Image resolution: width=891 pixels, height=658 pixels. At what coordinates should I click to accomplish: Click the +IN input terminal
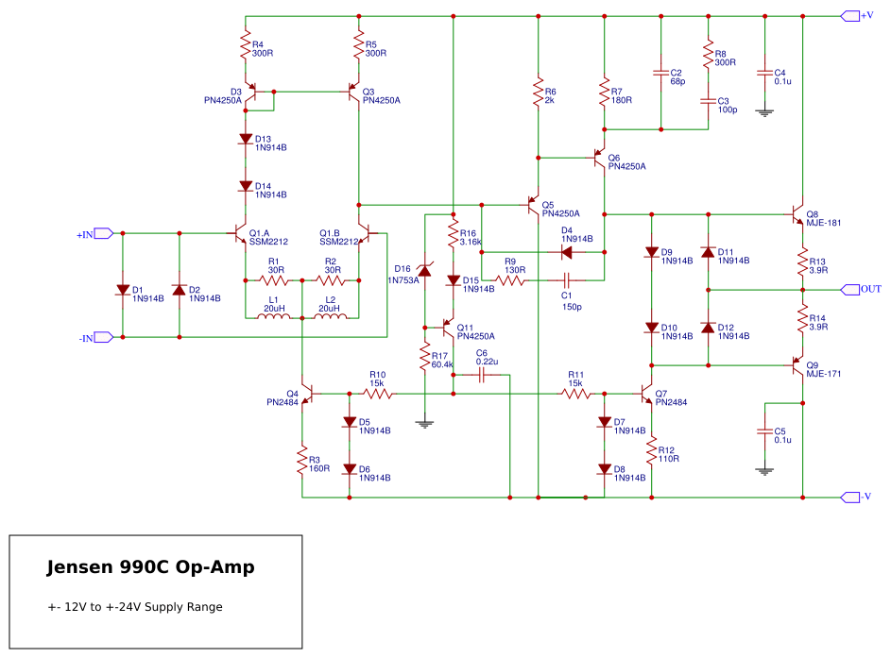tap(104, 233)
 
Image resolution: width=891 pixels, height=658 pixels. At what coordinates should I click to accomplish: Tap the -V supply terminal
tap(849, 497)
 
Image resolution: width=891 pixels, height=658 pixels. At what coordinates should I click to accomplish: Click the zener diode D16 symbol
tap(424, 271)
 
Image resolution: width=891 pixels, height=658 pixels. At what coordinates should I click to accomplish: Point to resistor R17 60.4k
tap(424, 358)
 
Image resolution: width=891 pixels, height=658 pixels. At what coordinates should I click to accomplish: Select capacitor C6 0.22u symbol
tap(482, 375)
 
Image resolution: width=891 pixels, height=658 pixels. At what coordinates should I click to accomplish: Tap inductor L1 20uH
tap(273, 316)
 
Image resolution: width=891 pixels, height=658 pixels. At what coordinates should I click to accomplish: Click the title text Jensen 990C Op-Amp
tap(150, 568)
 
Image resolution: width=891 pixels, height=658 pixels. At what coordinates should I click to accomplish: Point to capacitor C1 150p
tap(567, 280)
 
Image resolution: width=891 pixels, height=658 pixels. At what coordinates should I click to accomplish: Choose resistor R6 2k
tap(538, 94)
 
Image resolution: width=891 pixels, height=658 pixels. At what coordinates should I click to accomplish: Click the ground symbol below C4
tap(764, 111)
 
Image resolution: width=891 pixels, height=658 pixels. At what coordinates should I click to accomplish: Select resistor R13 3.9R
tap(802, 262)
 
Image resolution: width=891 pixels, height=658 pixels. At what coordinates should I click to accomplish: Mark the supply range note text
tap(135, 607)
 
